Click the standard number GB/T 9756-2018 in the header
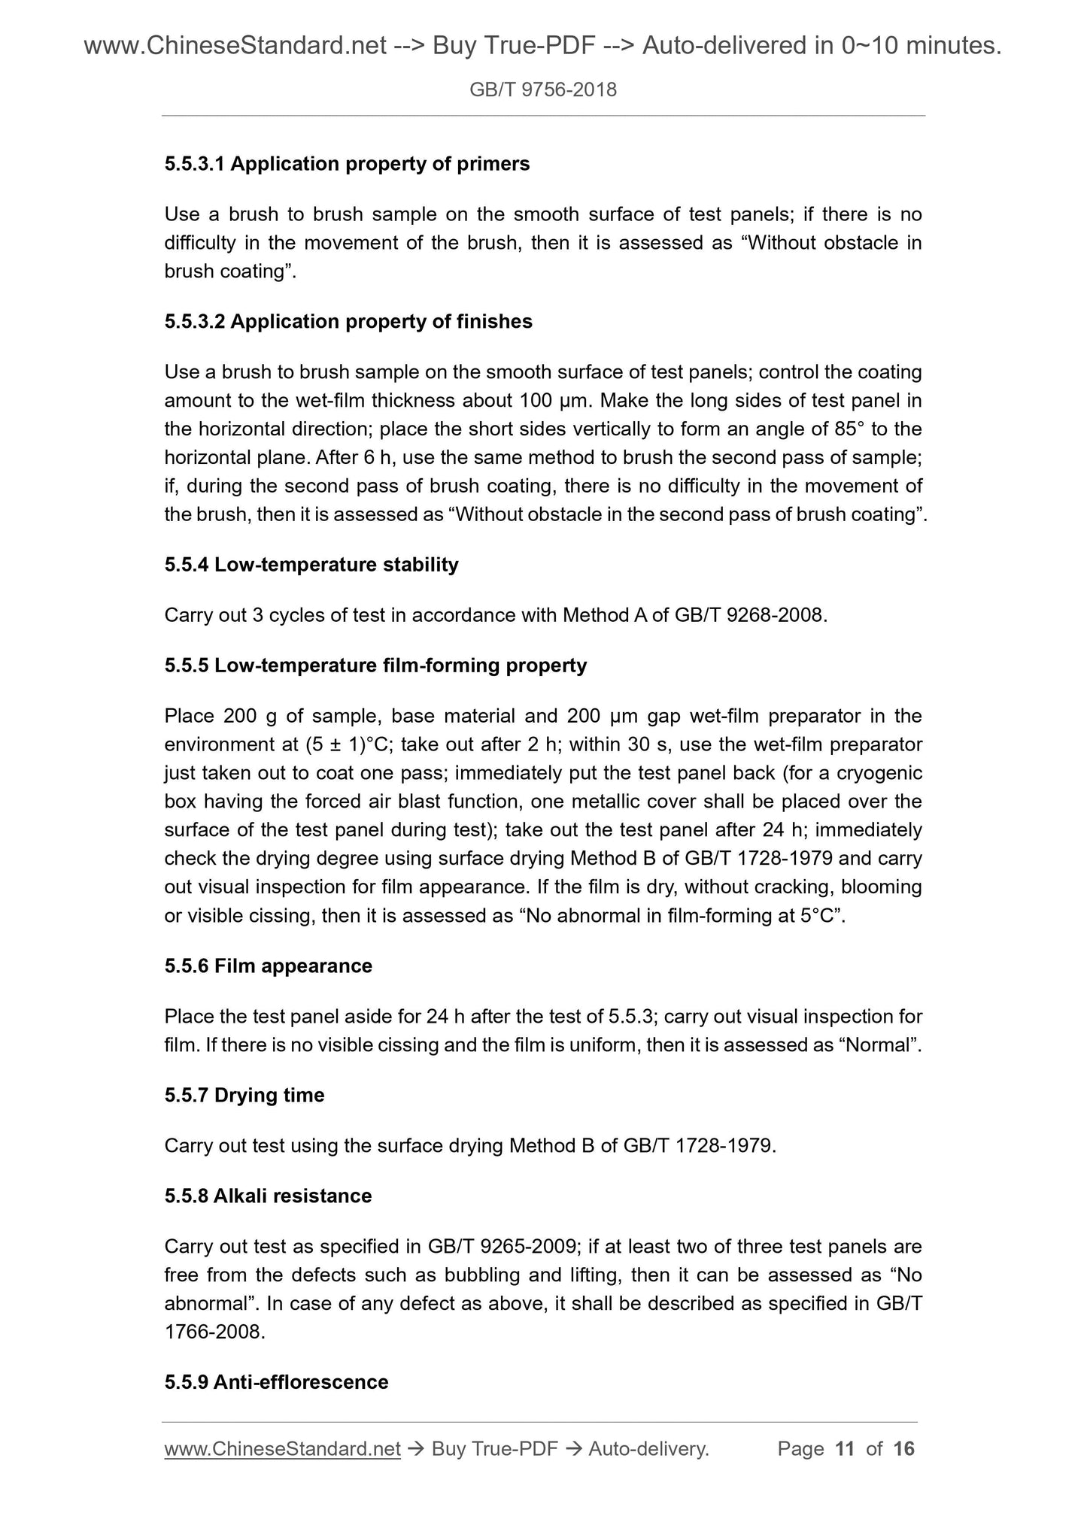[x=542, y=90]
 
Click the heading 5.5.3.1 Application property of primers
[x=347, y=164]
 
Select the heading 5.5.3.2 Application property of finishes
[x=348, y=322]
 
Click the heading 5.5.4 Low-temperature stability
[x=311, y=565]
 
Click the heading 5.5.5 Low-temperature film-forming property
[x=375, y=665]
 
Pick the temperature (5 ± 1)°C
[x=348, y=745]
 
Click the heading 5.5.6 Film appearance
[x=268, y=966]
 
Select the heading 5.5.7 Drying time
[x=244, y=1096]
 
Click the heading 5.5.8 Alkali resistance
[x=268, y=1196]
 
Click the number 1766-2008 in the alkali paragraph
[x=213, y=1333]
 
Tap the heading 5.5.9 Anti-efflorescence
[x=276, y=1383]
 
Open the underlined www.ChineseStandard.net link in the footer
[x=282, y=1449]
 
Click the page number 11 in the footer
[x=845, y=1449]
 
